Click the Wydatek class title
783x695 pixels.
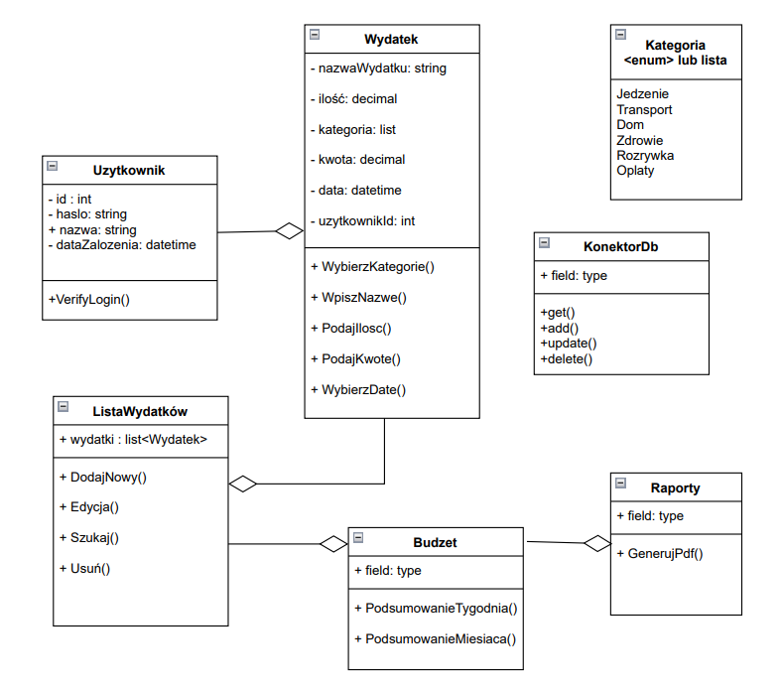coord(391,40)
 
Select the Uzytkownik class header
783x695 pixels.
coord(129,170)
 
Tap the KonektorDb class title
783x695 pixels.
coord(620,246)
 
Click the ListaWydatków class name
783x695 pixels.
coord(140,410)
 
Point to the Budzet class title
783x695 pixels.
coord(435,542)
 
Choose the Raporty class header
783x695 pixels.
coord(675,487)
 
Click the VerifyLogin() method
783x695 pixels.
coord(88,299)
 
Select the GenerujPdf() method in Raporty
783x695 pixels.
coord(659,553)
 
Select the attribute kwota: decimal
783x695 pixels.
coord(357,159)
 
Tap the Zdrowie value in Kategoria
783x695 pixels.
coord(639,140)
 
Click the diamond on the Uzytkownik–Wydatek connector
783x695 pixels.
coord(289,231)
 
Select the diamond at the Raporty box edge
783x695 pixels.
coord(596,543)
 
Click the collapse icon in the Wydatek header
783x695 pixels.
coord(315,34)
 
